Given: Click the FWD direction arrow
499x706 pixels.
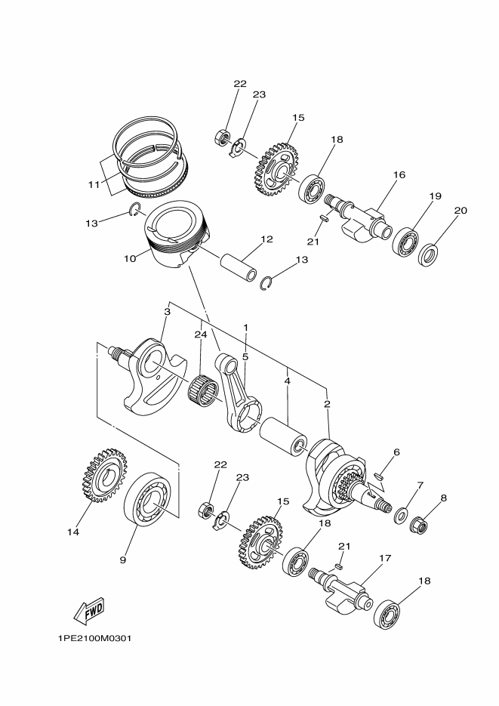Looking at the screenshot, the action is click(x=88, y=611).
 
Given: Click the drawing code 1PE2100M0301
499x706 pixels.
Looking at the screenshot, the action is click(x=94, y=639).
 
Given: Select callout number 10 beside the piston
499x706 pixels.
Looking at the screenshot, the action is click(x=130, y=258).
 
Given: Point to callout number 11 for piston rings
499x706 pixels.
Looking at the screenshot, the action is click(x=94, y=184).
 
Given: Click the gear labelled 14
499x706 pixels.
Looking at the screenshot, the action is click(x=105, y=476).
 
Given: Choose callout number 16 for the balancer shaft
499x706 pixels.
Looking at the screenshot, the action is click(x=399, y=174).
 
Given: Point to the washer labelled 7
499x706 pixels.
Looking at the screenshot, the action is click(x=401, y=514).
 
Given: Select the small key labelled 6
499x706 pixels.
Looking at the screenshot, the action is click(x=379, y=474).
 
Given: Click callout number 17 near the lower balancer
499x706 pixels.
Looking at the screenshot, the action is click(x=385, y=558).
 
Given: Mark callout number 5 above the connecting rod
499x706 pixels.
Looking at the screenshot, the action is click(x=245, y=356).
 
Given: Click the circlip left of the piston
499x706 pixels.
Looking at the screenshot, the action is click(x=135, y=209).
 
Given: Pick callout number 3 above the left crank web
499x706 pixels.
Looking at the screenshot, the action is click(x=168, y=312).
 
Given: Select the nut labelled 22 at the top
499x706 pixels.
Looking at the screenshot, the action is click(x=221, y=137).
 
